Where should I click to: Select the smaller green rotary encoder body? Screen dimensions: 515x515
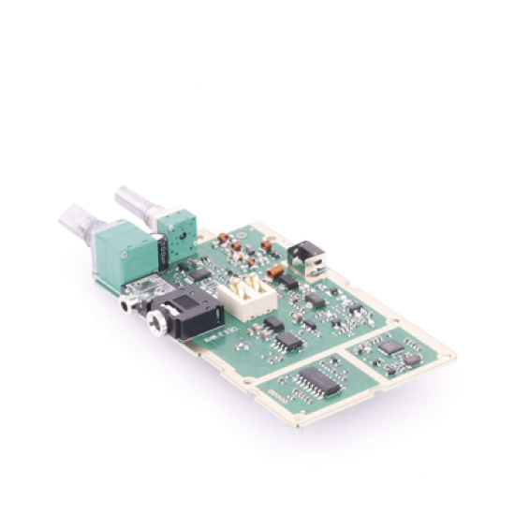tap(175, 229)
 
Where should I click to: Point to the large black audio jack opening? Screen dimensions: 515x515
tap(154, 324)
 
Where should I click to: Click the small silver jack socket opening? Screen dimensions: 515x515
tap(124, 303)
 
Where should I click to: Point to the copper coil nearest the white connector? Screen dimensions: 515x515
tap(277, 273)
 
